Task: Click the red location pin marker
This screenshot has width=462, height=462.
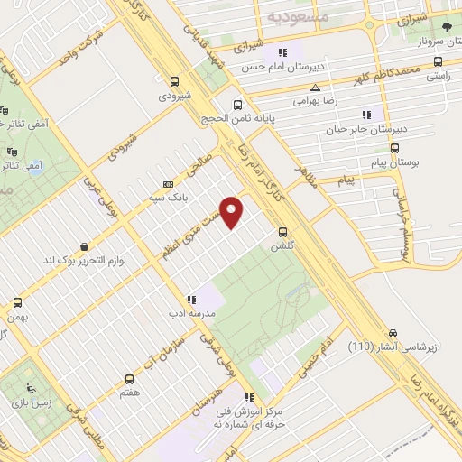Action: pos(233,211)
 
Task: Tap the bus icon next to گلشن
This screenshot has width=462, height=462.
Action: pos(283,232)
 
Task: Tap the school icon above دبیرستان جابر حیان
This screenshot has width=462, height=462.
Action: pos(365,115)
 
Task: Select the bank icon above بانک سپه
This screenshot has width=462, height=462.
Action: pos(167,183)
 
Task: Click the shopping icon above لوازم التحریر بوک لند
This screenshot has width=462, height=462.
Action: pos(84,245)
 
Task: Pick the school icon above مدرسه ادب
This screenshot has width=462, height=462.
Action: pos(190,300)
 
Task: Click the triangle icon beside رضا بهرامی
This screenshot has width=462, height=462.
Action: pos(314,88)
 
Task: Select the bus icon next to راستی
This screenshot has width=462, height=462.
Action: pos(438,62)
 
